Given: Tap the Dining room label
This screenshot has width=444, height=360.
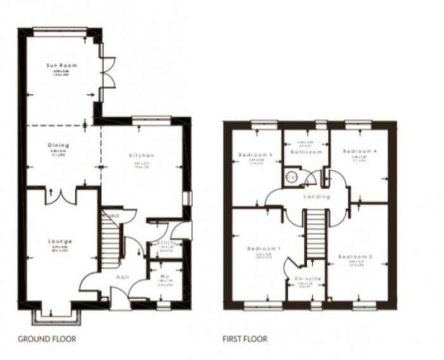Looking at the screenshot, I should click(58, 145).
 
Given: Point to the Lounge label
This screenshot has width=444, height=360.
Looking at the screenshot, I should click(58, 241).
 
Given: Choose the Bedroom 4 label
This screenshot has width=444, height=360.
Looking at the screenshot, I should click(354, 152).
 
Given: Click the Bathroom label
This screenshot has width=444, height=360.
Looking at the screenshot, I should click(306, 153).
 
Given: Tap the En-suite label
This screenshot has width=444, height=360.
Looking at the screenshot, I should click(308, 278).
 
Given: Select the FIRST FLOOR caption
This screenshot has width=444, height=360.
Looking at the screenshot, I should click(245, 339).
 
